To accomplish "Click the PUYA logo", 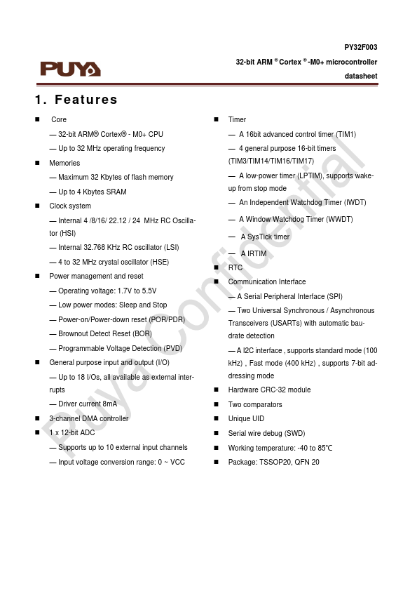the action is (70, 68).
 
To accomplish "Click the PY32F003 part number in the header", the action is (360, 47).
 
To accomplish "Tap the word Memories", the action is (64, 163).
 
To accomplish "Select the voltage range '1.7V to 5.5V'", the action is (135, 291).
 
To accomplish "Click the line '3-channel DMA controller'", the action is (89, 418).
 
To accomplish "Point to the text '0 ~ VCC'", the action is (170, 462).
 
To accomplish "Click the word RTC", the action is (235, 267).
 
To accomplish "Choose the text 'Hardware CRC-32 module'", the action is (269, 390).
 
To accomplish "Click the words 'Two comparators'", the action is (255, 404).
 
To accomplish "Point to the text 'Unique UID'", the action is (246, 418).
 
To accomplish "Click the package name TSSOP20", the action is (275, 462).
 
